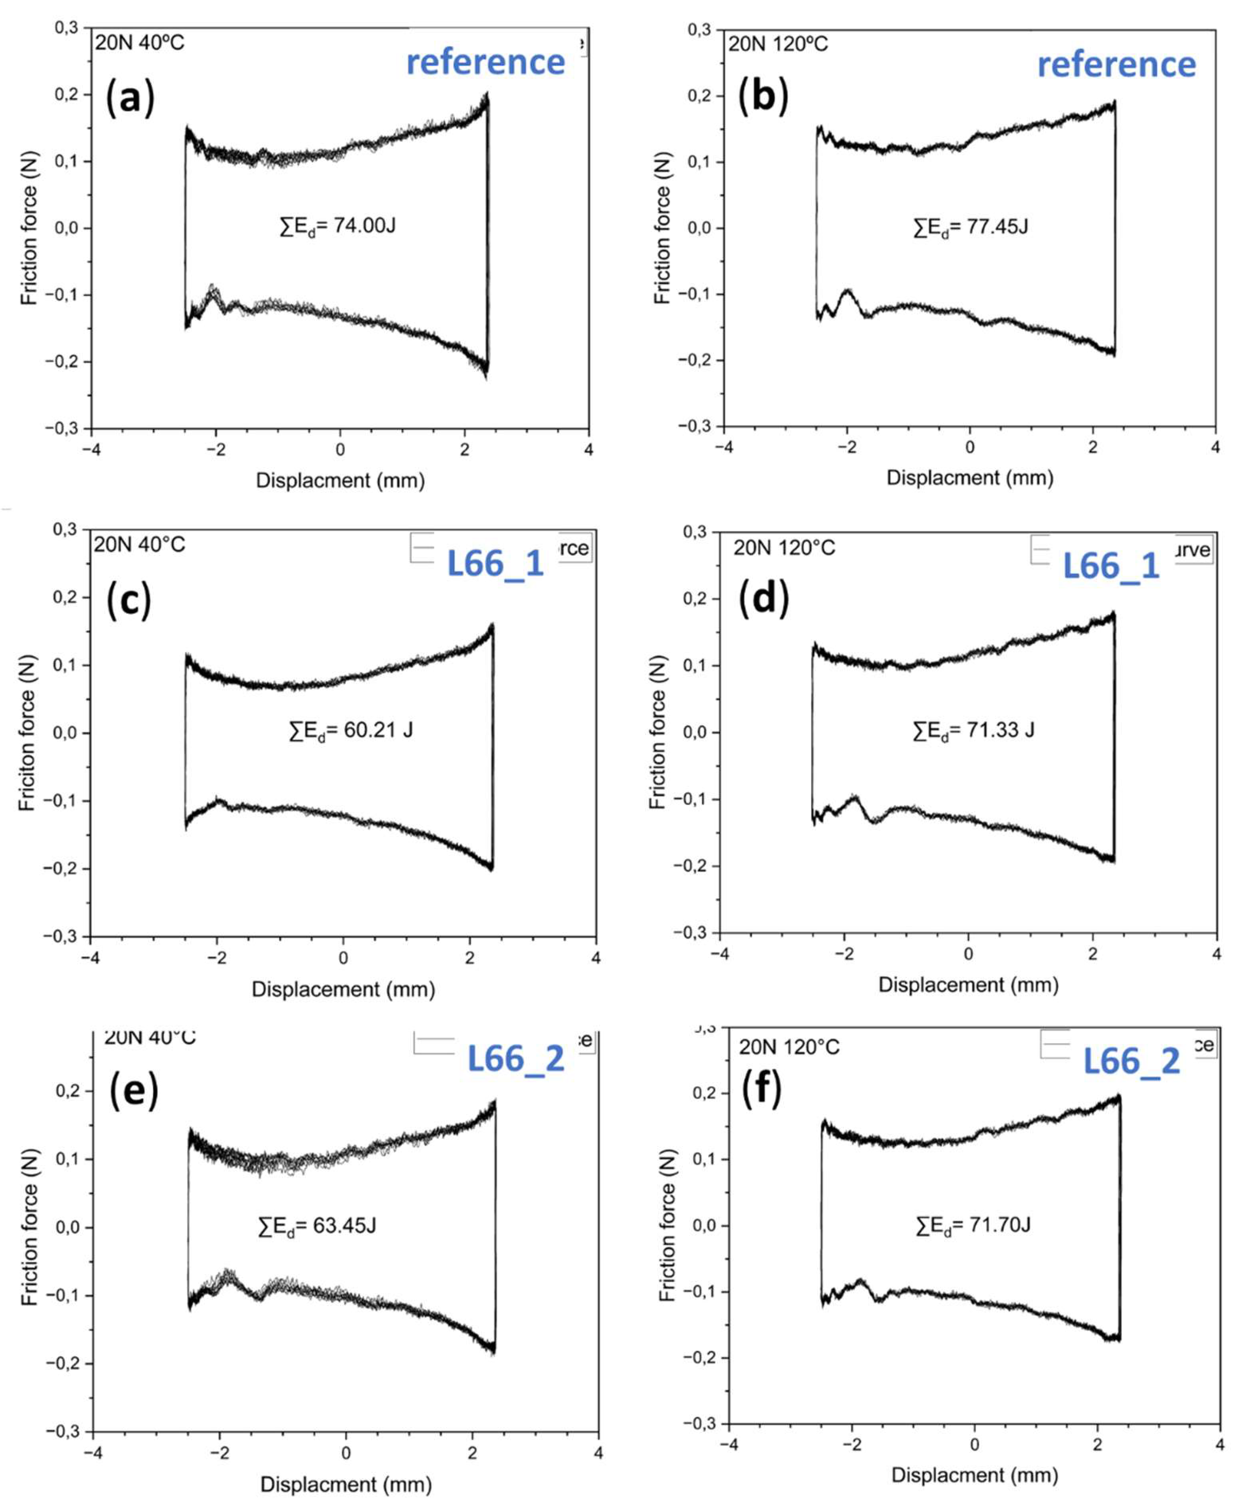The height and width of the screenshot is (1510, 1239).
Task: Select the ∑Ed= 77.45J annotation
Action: tap(971, 227)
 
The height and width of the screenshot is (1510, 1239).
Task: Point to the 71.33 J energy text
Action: tap(973, 730)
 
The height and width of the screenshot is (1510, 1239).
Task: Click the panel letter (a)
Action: tap(130, 98)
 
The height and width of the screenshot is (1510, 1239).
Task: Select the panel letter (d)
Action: tap(764, 597)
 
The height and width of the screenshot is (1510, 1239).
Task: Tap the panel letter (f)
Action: tap(762, 1088)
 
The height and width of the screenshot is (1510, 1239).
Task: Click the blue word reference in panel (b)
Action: tap(1116, 65)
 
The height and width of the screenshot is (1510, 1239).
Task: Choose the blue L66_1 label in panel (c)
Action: tap(495, 564)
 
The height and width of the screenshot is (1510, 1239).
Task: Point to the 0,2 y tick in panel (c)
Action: tap(66, 597)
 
